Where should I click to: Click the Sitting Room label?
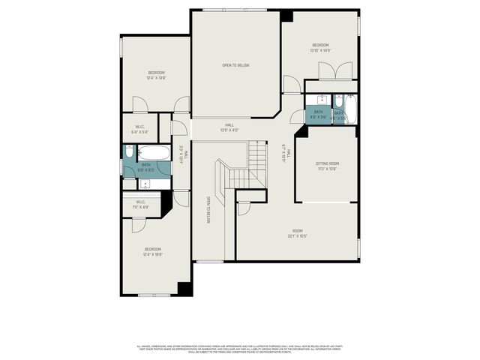click(325, 166)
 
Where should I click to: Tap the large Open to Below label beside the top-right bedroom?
click(235, 65)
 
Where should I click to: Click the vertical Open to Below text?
click(208, 211)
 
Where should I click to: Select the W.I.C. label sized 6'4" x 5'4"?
click(140, 129)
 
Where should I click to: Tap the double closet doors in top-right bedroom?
click(331, 73)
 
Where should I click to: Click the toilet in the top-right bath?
click(337, 99)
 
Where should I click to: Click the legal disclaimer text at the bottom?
click(240, 349)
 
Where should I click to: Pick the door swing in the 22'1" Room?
click(244, 208)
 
